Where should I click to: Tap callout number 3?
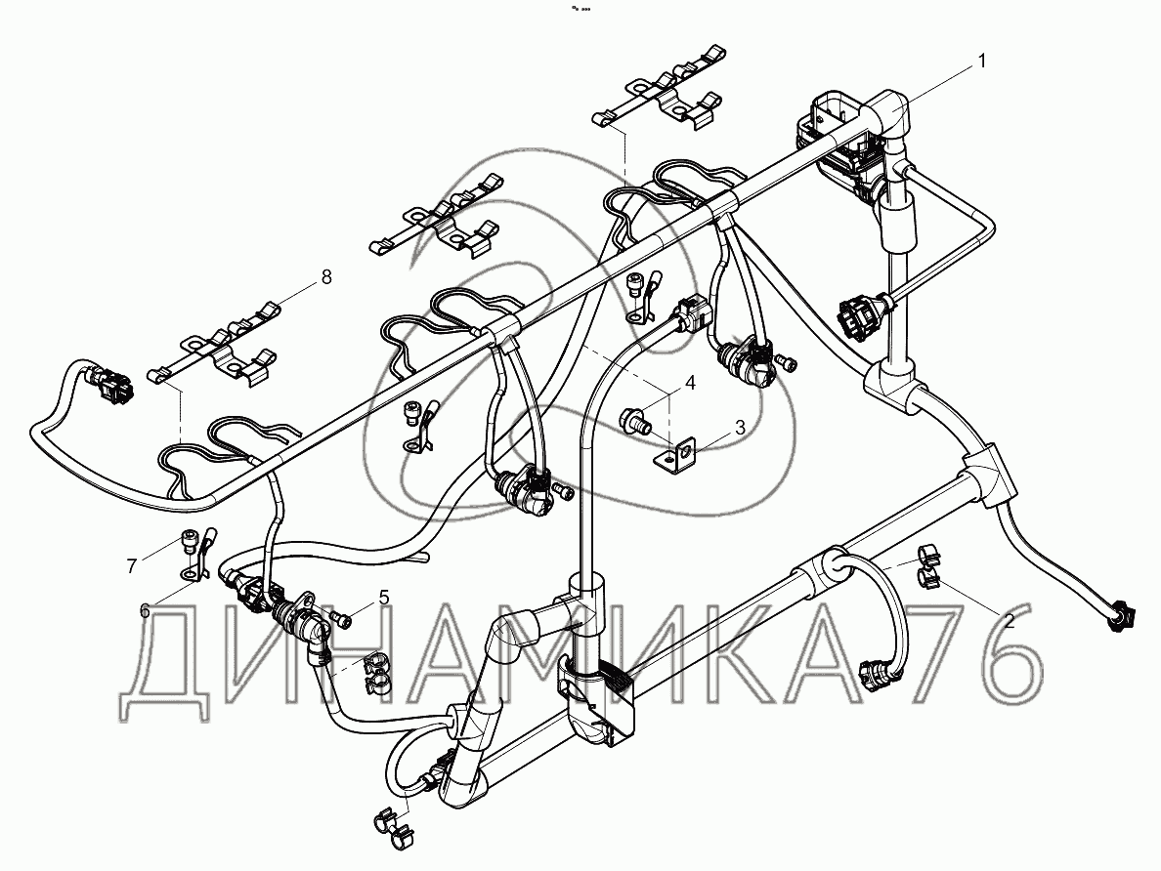[x=740, y=428]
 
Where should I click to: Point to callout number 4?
[x=689, y=383]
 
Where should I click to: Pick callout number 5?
[x=384, y=597]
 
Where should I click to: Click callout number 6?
[x=146, y=610]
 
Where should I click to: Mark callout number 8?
[x=325, y=277]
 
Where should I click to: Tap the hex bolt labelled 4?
[x=633, y=423]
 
